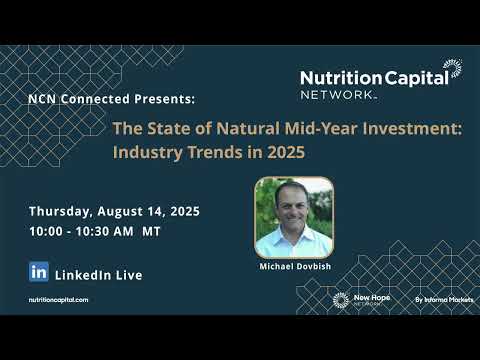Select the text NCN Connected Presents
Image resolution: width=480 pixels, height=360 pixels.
111,100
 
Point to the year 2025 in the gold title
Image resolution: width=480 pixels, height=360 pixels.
283,154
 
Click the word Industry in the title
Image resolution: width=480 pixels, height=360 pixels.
146,154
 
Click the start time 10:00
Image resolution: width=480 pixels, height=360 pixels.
47,231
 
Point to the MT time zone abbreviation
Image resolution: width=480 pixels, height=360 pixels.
152,231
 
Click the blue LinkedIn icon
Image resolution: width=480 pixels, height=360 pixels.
39,272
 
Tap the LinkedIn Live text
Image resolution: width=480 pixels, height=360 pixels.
98,274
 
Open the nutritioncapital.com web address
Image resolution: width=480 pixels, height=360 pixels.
58,300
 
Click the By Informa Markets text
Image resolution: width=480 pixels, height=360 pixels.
444,299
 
